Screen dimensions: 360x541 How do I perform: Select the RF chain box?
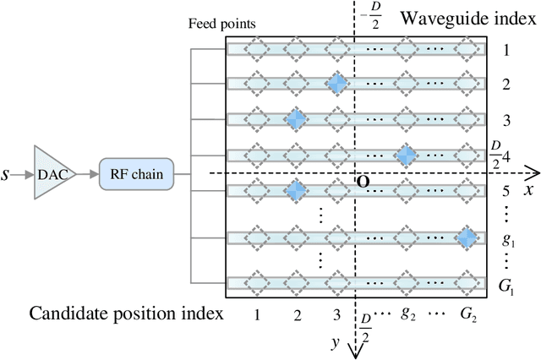click(136, 174)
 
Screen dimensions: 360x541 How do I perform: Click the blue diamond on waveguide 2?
click(337, 85)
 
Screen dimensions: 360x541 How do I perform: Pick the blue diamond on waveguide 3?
click(296, 120)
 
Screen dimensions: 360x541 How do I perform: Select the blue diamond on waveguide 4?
click(407, 155)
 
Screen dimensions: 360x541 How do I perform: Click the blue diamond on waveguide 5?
click(296, 192)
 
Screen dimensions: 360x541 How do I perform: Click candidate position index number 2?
click(297, 314)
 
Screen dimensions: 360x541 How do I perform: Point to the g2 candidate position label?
click(408, 315)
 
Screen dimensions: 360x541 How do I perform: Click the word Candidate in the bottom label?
click(66, 314)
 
